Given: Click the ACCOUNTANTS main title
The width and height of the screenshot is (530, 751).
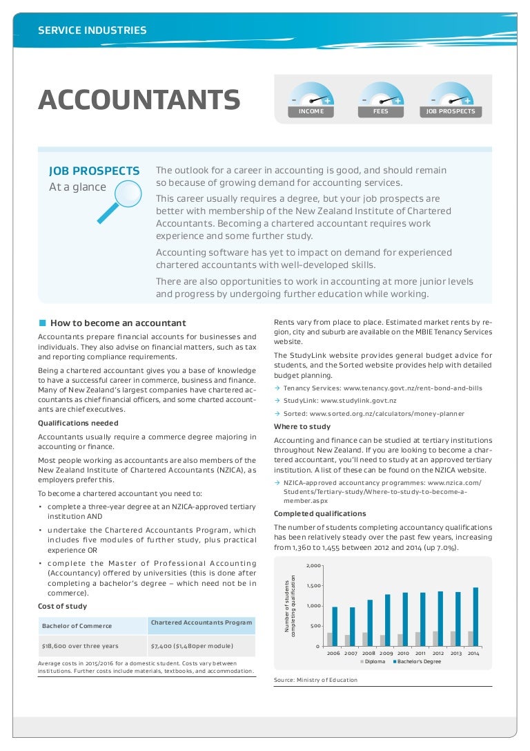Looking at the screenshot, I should [139, 100].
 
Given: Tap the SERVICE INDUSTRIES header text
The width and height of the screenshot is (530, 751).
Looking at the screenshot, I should [92, 30].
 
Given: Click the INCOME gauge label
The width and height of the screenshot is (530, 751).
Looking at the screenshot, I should [311, 111].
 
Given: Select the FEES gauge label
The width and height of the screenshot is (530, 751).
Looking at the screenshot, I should [381, 111].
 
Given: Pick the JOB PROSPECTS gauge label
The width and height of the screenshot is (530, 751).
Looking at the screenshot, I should [451, 111].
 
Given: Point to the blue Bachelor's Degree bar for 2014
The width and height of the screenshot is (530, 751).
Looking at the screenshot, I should [475, 616].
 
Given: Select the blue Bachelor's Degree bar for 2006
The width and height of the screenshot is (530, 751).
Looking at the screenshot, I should [335, 626].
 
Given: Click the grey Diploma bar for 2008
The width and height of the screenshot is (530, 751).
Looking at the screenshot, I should [365, 639].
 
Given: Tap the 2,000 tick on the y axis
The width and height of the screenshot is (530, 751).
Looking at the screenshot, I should [313, 566].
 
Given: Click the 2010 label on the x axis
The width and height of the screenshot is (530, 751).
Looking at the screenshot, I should [403, 653].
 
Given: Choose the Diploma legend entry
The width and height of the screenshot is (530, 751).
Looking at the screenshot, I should [373, 662].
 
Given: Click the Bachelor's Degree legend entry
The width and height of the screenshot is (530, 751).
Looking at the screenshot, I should [419, 662].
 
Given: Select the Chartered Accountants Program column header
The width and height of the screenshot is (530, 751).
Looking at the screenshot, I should [202, 623].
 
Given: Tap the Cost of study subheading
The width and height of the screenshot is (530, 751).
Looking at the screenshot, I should [63, 606].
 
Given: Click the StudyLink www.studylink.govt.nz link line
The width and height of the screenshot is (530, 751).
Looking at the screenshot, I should [339, 401].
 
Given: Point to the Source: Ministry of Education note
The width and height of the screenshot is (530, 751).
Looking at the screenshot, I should [315, 680].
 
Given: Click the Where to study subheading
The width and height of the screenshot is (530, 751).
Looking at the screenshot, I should [302, 426].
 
